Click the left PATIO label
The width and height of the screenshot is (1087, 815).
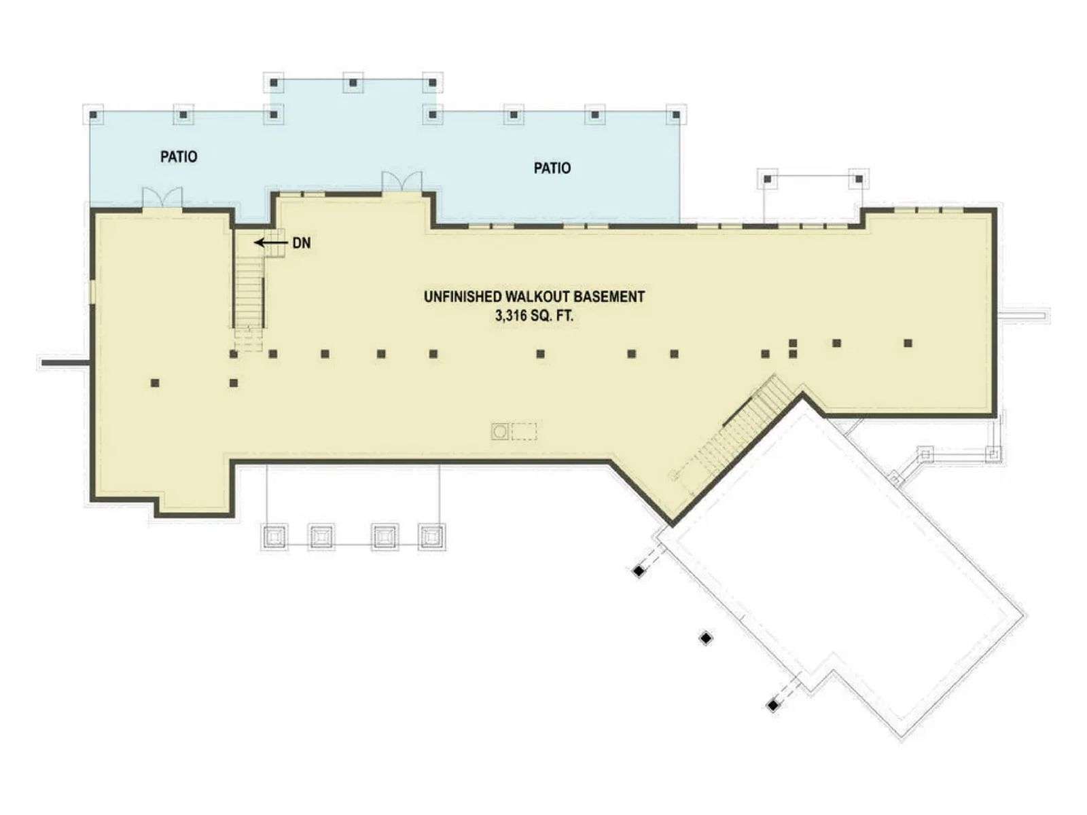[179, 157]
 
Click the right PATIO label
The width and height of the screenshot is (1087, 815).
[552, 168]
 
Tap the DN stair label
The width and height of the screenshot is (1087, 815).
[302, 243]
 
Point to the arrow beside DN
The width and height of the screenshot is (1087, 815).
[270, 242]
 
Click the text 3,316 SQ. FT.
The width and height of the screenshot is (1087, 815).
[535, 316]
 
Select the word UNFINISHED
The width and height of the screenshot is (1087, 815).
[462, 297]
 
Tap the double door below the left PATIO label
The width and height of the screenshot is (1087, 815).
[162, 198]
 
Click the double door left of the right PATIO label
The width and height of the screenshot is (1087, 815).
[402, 182]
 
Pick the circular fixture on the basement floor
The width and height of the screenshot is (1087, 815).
[499, 431]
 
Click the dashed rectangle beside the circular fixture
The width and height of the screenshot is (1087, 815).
[524, 431]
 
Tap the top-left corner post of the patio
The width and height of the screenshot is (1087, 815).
[93, 115]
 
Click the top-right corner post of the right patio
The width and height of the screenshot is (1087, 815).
[676, 115]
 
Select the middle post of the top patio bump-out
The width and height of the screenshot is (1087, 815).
[353, 83]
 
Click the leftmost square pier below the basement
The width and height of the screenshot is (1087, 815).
[273, 537]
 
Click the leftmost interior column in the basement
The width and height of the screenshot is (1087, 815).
[155, 382]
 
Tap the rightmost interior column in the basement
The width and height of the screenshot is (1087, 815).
[908, 343]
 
